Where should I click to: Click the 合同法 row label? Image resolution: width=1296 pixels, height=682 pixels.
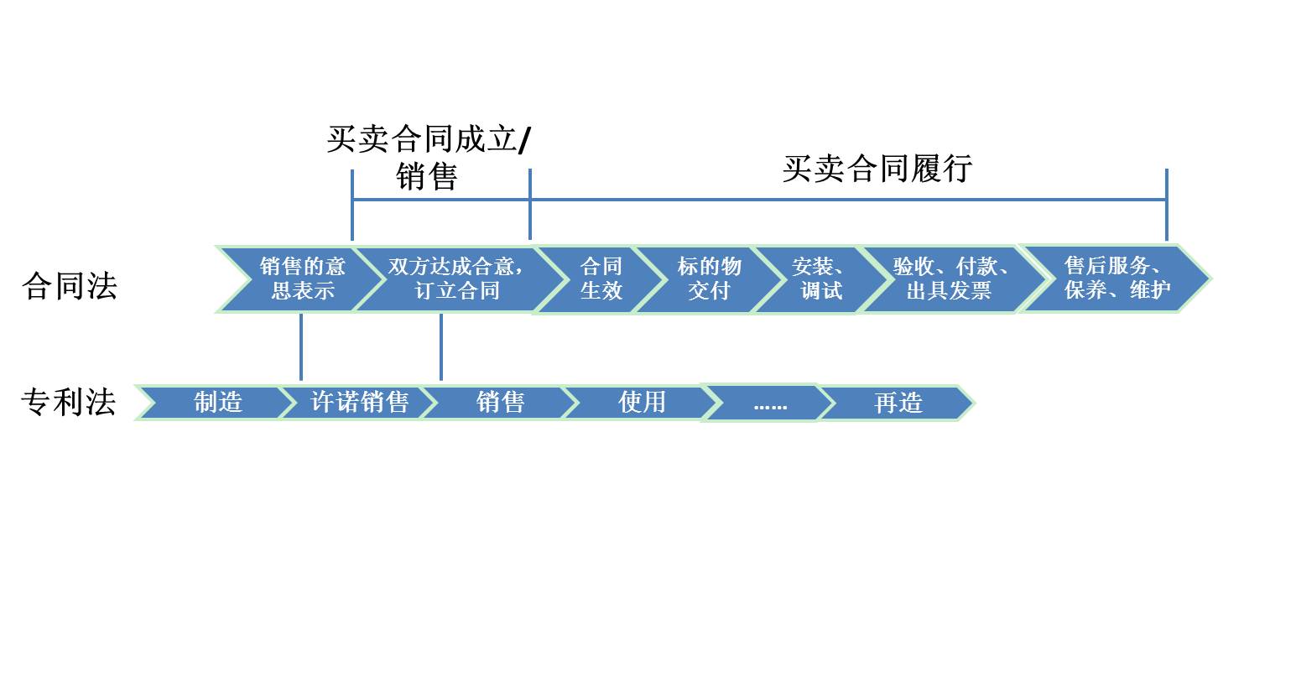(69, 286)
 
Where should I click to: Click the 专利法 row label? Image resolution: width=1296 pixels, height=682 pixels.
(68, 402)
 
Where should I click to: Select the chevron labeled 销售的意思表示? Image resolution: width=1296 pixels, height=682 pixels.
(300, 279)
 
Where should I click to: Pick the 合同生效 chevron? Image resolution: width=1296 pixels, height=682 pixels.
(600, 279)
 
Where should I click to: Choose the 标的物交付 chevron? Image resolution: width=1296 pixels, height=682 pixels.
(709, 279)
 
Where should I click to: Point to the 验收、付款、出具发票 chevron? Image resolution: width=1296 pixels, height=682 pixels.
(949, 279)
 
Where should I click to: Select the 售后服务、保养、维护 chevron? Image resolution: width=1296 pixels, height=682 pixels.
(1116, 278)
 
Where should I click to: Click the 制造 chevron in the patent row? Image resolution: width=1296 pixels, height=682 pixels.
(217, 403)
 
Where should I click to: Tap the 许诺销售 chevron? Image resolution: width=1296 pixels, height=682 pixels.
(359, 403)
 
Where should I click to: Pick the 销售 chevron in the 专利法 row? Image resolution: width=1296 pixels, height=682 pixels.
(500, 403)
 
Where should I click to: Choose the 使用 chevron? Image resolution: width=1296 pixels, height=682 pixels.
(642, 403)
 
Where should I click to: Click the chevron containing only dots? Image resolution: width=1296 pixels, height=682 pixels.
(769, 403)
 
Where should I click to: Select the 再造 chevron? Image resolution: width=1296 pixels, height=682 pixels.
(898, 403)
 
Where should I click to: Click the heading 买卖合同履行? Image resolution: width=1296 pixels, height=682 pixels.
(877, 168)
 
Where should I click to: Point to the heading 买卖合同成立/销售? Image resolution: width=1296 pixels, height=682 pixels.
(428, 157)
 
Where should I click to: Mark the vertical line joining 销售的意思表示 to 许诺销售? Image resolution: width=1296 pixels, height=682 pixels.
(300, 347)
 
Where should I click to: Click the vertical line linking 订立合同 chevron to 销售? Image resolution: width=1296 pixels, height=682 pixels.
(440, 347)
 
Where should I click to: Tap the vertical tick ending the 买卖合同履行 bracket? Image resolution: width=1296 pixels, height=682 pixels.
(1166, 206)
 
